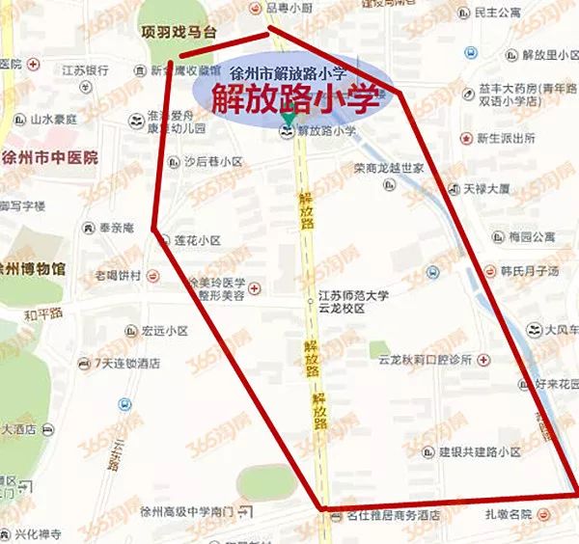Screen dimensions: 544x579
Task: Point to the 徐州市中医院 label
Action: [49, 160]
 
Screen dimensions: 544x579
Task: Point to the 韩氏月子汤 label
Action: [530, 271]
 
